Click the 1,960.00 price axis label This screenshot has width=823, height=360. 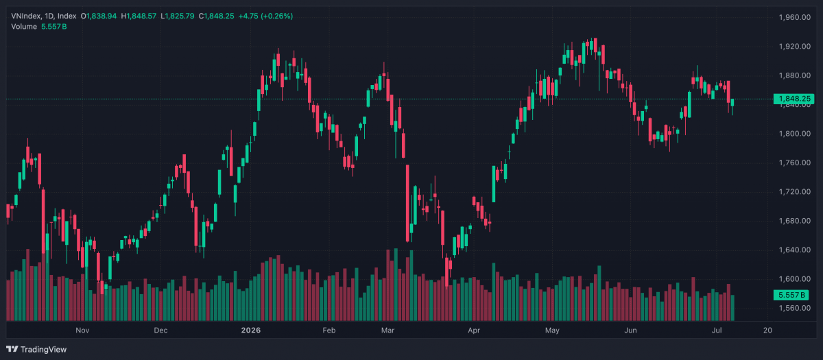pos(795,17)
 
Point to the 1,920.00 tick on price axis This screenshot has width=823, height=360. pos(795,47)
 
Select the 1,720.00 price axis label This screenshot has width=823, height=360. pos(795,192)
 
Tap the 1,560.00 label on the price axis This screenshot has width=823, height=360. pos(795,308)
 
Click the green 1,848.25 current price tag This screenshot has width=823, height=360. pos(794,99)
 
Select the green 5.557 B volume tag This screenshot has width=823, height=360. pos(791,295)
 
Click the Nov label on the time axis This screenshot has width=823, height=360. pos(82,331)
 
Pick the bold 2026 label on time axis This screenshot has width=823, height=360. pos(251,331)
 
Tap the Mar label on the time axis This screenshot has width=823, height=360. pos(387,331)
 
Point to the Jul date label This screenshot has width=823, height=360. pos(717,331)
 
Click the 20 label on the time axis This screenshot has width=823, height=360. pos(767,331)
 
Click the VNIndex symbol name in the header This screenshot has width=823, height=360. pos(25,16)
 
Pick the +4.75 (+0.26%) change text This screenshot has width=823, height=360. pos(265,16)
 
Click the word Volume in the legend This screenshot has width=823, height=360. pos(24,27)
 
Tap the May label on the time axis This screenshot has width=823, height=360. pos(552,331)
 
